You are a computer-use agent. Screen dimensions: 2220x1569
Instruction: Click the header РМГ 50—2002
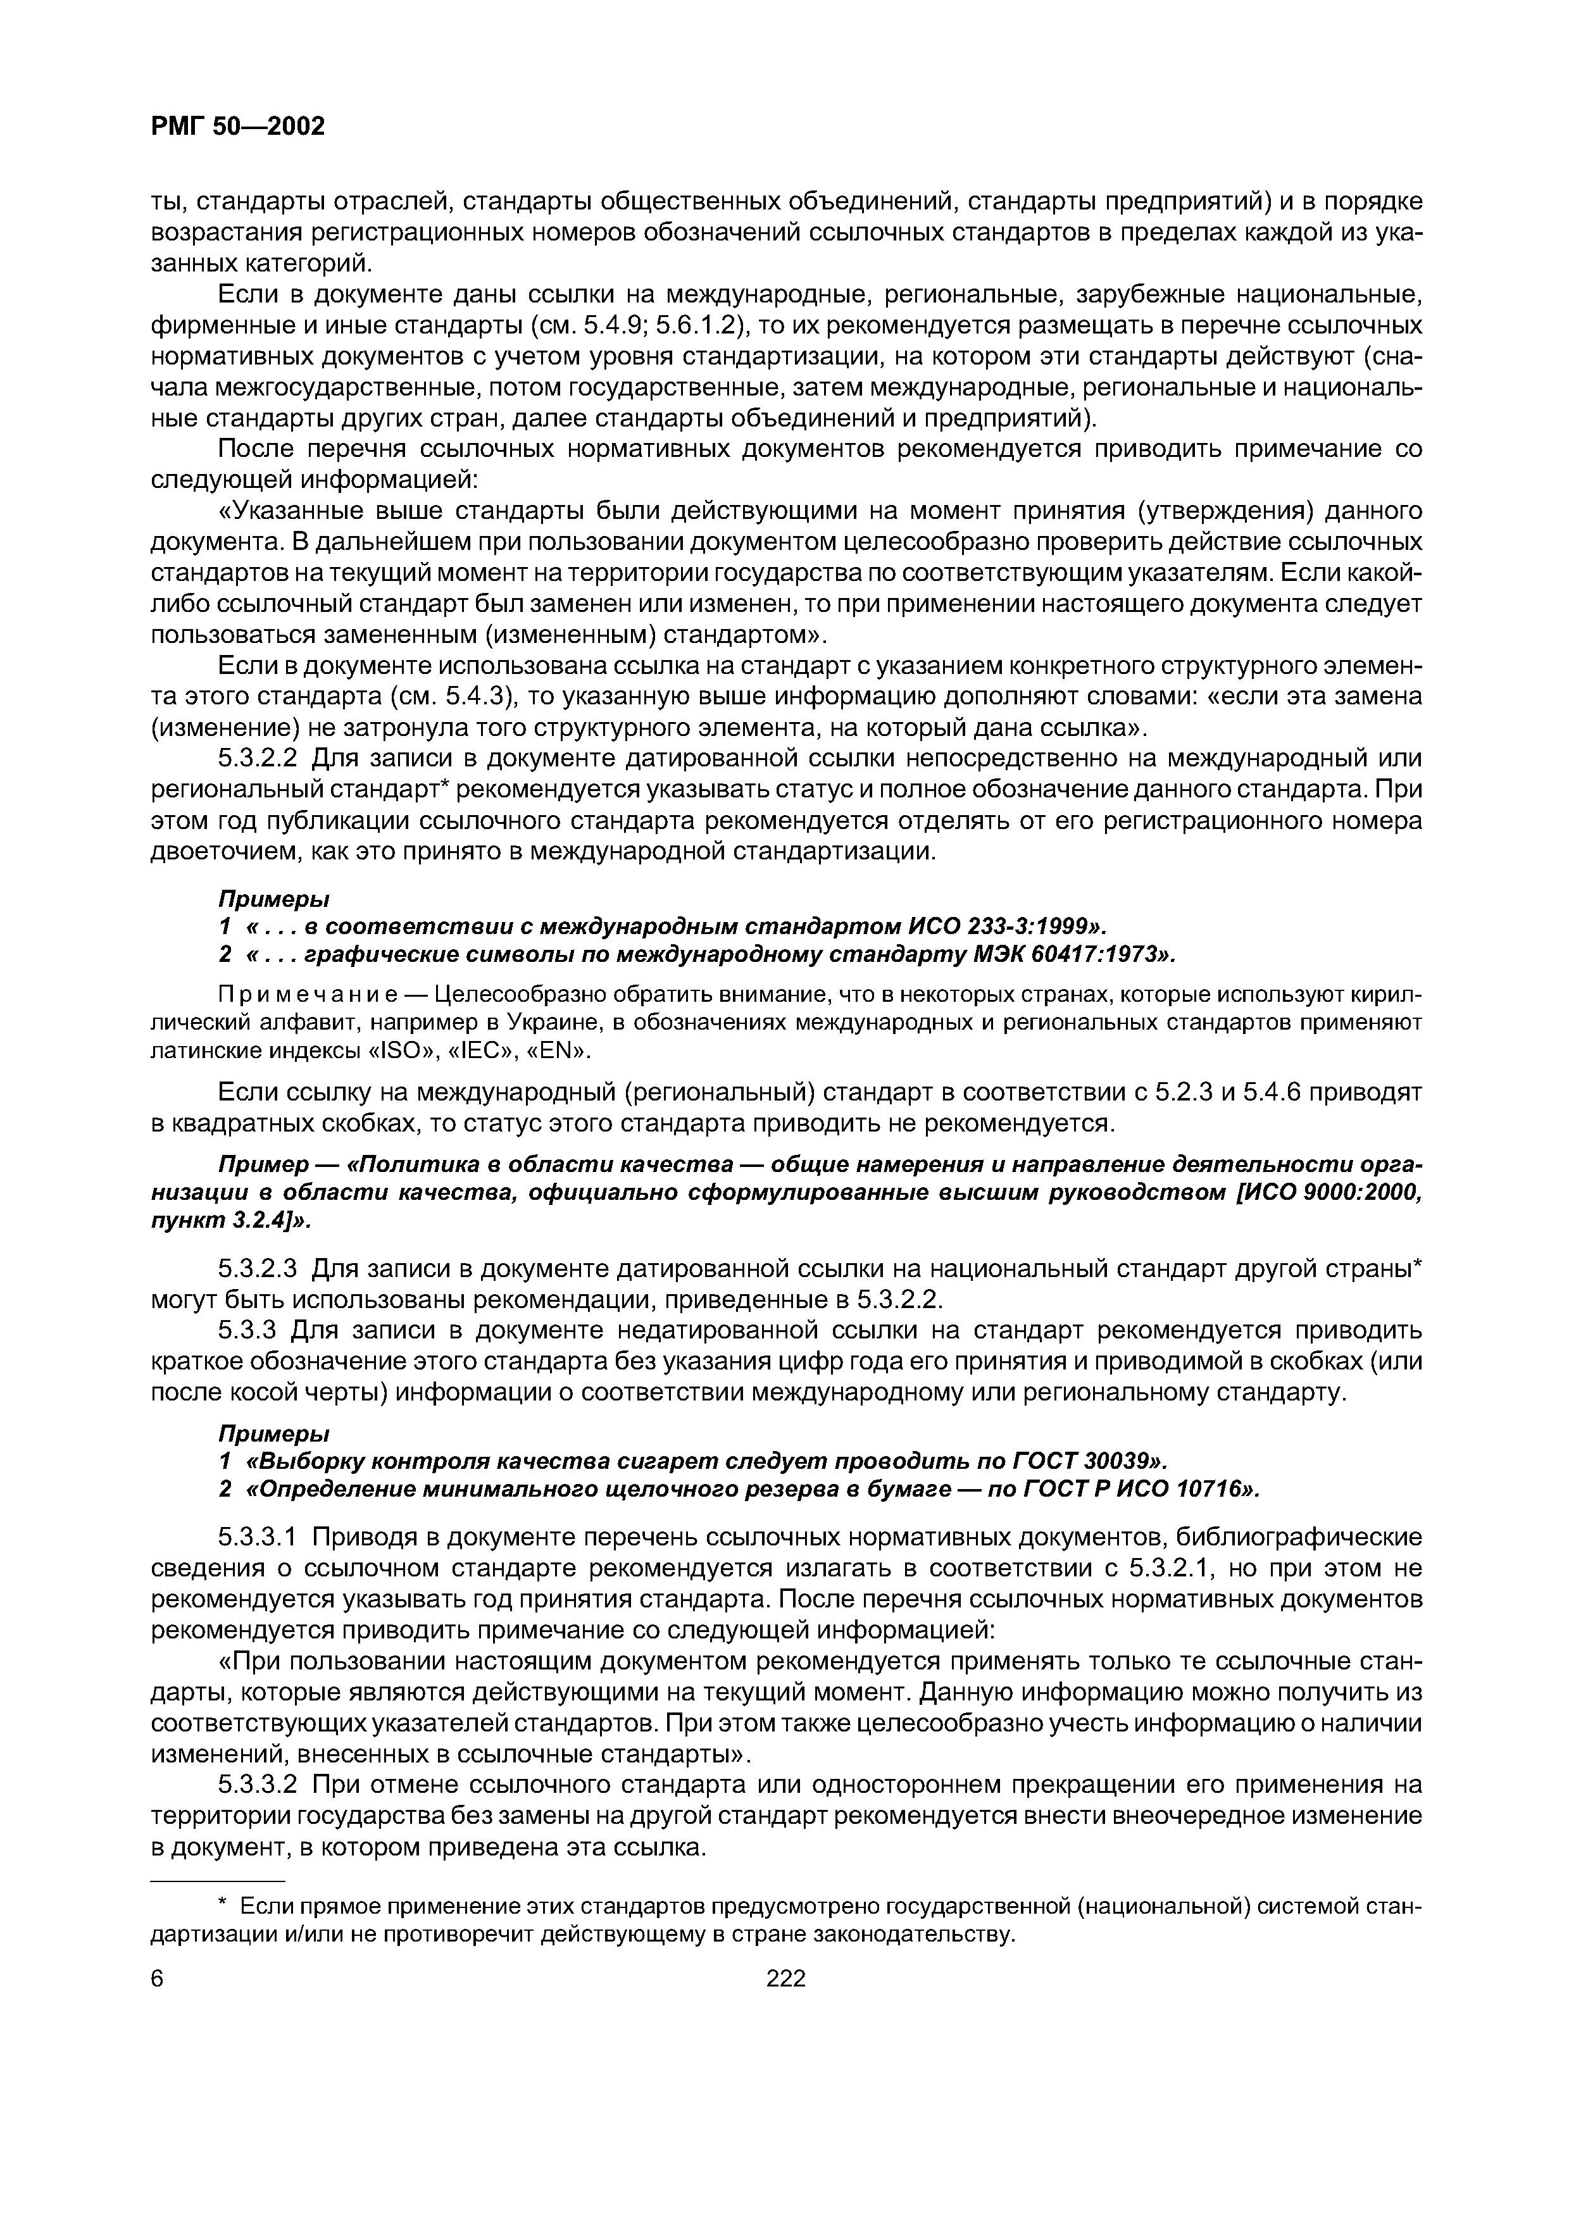pos(238,126)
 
